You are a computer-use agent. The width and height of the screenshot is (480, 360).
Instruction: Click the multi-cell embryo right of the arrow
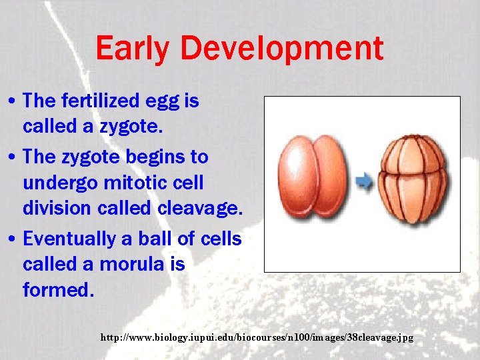point(412,178)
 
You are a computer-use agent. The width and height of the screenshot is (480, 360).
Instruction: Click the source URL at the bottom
point(257,338)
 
